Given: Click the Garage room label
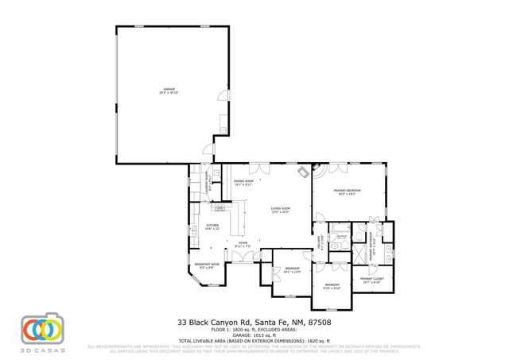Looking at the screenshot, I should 169,90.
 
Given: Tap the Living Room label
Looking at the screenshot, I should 281,211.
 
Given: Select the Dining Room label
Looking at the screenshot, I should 243,182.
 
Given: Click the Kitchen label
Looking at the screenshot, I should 212,227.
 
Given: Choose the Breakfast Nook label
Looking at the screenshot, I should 205,265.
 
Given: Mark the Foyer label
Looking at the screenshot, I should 243,245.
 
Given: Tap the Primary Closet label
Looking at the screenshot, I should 371,281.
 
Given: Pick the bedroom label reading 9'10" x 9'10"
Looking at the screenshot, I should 332,286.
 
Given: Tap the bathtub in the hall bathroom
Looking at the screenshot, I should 340,237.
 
